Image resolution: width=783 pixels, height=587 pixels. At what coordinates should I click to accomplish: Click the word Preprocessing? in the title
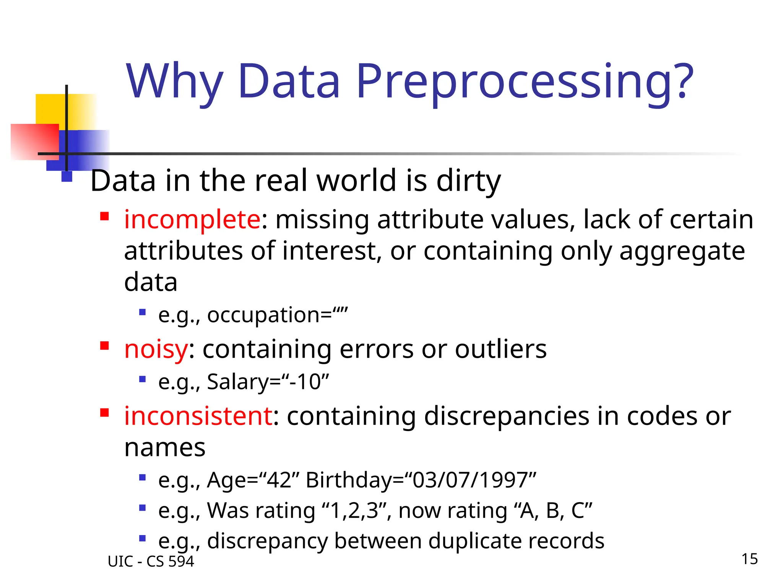[525, 82]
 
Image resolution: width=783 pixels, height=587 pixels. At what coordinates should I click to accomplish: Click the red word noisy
[156, 349]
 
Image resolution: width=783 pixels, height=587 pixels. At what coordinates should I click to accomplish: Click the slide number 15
[749, 559]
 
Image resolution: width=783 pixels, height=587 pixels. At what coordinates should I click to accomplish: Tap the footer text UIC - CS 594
[151, 561]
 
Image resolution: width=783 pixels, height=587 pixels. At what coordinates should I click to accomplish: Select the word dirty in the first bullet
[468, 181]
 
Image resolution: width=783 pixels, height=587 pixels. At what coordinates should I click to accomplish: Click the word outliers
[501, 349]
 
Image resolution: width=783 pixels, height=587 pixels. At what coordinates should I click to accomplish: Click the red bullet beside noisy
[104, 346]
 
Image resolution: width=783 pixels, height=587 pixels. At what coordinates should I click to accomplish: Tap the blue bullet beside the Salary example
[143, 379]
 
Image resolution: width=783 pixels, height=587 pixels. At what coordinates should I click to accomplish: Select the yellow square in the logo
[50, 109]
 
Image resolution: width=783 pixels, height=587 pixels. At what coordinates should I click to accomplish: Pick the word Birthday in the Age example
[349, 480]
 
